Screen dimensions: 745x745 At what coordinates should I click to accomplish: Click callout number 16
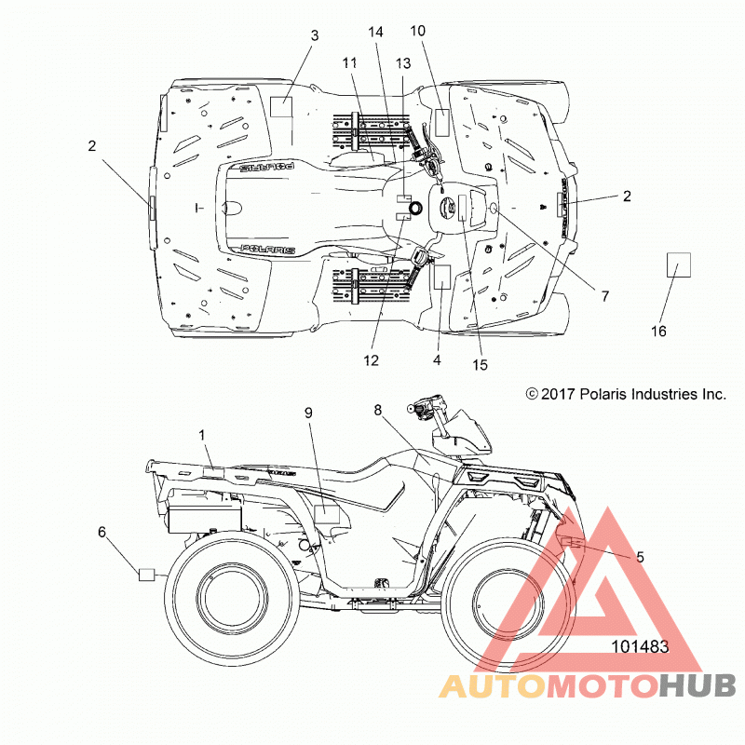coord(658,332)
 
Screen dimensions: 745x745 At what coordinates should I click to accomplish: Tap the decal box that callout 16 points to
coord(679,265)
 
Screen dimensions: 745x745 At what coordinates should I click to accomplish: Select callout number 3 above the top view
coord(315,35)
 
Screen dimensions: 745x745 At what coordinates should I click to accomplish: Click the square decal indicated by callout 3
coord(281,107)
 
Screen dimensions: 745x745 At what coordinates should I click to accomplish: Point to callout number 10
coord(417,31)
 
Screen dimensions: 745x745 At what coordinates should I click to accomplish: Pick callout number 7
coord(604,296)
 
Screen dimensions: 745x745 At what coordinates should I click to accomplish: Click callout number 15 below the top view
coord(480,365)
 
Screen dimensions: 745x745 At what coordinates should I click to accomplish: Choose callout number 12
coord(371,360)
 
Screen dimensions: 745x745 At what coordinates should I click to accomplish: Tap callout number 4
coord(437,360)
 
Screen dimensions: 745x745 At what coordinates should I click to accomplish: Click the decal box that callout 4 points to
coord(441,277)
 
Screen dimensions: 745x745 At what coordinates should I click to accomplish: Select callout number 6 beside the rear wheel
coord(102,532)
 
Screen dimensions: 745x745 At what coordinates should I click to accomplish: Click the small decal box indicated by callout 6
coord(147,575)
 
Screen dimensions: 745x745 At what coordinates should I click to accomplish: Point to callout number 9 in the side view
coord(308,413)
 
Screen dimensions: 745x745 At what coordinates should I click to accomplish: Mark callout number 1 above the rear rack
coord(202,435)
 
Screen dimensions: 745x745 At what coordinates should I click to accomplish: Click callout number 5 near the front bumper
coord(640,557)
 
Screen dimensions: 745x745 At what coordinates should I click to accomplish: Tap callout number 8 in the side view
coord(378,410)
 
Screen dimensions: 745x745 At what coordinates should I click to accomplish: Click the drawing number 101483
coord(640,646)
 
